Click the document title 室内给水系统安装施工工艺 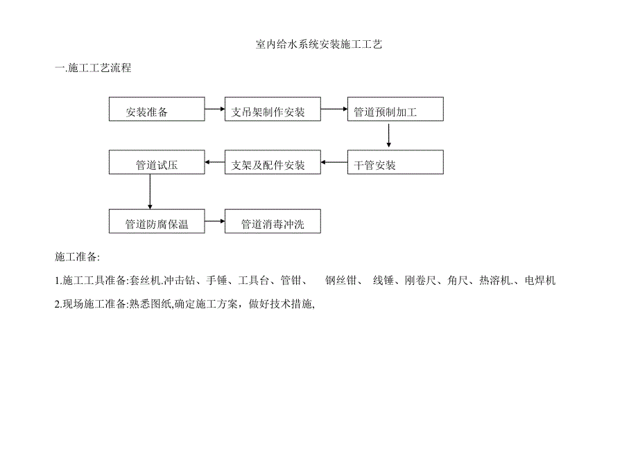(319, 44)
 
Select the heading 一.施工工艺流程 (93, 68)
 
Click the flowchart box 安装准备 (157, 110)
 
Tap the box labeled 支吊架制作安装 (273, 110)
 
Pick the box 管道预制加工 (395, 110)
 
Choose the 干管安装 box (395, 163)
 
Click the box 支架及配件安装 (273, 163)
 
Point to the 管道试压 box (157, 163)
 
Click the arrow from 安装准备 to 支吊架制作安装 (214, 109)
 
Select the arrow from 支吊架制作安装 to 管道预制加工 (334, 109)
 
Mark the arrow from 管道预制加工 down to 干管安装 (389, 136)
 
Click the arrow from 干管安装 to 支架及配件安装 (334, 163)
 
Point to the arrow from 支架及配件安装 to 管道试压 (214, 163)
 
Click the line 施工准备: (78, 257)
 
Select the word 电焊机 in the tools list (541, 281)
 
